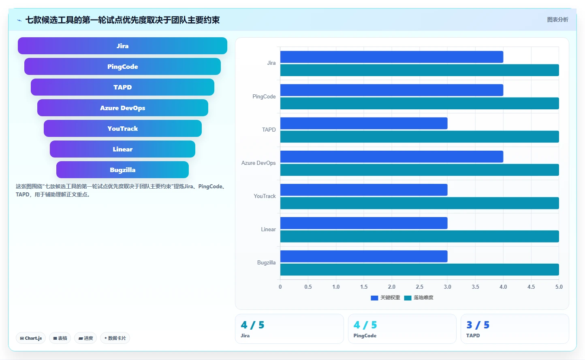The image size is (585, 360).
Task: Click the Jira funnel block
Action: coord(122,46)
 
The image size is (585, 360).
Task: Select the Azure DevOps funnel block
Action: coord(122,108)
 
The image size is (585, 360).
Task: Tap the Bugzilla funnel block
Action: coord(122,170)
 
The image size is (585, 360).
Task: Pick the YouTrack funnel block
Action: coord(122,128)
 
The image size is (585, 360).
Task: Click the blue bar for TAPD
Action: coord(364,123)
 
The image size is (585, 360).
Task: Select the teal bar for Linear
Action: coord(419,236)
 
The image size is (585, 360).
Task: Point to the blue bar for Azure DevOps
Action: coord(392,157)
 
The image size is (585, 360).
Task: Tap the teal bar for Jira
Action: coord(419,70)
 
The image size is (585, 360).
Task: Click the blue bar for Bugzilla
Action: coord(364,256)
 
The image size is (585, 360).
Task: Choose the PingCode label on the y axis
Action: coord(264,97)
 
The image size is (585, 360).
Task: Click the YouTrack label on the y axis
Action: coord(265,196)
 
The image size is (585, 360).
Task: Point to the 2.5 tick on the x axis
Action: coord(419,287)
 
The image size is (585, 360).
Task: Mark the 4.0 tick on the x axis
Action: coord(503,287)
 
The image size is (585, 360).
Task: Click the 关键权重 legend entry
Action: coord(385,298)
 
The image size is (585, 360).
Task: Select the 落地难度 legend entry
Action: coord(418,298)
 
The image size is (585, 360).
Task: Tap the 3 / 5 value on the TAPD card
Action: coord(478,325)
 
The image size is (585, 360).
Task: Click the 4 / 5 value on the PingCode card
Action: coord(365,325)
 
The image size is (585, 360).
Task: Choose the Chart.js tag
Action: coord(31,338)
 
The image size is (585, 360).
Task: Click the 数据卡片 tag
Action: coord(115,338)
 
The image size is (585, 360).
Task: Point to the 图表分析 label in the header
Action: coord(557,19)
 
